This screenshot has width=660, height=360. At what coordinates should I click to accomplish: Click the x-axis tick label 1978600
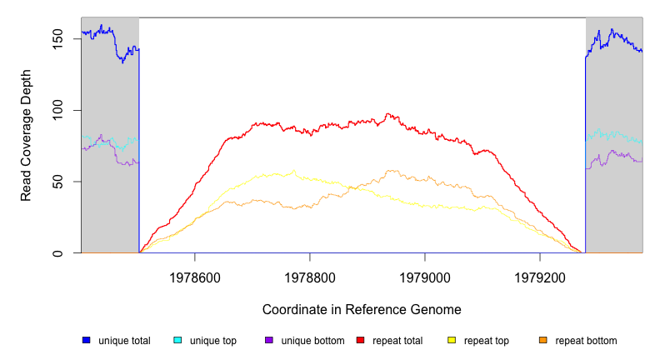coord(194,274)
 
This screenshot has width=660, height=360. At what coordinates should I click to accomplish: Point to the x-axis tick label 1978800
coord(310,274)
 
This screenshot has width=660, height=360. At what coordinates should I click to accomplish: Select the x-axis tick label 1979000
coord(425,274)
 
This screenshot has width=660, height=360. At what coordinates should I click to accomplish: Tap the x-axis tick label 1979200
coord(540,274)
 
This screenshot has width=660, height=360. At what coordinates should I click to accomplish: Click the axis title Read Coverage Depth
coord(27,135)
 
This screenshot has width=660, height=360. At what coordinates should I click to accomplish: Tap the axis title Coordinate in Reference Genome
coord(362,309)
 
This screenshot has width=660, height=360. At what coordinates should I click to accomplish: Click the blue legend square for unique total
coord(86,340)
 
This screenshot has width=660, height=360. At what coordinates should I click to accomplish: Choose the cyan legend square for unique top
coord(177,340)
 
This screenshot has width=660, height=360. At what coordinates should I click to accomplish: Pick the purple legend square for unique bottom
coord(269,340)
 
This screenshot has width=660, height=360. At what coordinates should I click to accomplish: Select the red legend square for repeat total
coord(360,340)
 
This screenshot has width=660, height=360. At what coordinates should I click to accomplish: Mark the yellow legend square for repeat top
coord(452,340)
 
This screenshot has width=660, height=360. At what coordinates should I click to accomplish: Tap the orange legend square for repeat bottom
coord(543,340)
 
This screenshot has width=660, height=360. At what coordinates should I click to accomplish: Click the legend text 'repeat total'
coord(397,340)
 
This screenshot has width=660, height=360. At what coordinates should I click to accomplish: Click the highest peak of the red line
coord(387,114)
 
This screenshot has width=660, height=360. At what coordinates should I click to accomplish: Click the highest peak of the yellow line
coord(294,171)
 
